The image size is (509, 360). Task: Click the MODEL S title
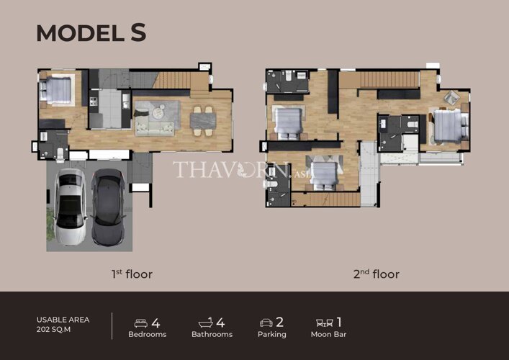click(x=91, y=33)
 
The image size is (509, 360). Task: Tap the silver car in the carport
click(x=69, y=207)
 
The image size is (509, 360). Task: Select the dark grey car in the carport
click(x=108, y=207)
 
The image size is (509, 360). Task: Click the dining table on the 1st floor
click(x=203, y=121)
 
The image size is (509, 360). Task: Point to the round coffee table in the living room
click(x=158, y=111)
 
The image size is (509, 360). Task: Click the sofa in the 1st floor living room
click(x=155, y=129)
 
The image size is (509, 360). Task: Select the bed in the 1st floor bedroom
click(x=55, y=90)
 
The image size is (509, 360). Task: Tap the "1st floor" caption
click(x=132, y=274)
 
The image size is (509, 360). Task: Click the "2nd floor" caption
click(x=377, y=274)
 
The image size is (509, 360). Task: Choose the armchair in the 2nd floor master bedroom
click(x=451, y=97)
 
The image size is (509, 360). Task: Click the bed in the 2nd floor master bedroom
click(x=450, y=126)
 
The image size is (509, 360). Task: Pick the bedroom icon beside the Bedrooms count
click(x=141, y=323)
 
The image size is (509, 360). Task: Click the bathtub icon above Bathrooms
click(x=205, y=323)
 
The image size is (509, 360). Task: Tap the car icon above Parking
click(x=266, y=323)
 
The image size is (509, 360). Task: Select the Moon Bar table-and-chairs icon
click(x=325, y=323)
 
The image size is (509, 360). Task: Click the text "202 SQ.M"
click(x=53, y=330)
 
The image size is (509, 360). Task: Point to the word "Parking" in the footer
click(x=272, y=334)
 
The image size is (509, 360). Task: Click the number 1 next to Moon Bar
click(x=339, y=323)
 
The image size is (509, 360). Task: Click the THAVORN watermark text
click(x=231, y=169)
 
